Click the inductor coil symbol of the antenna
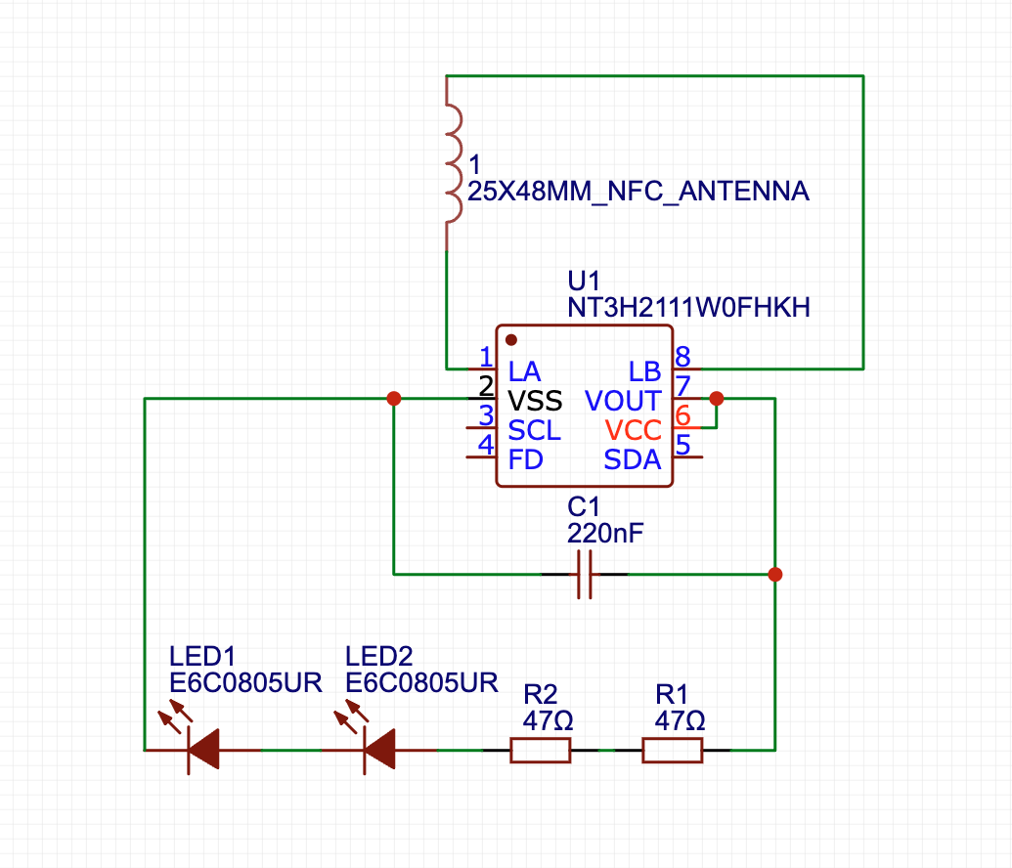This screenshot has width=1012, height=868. (x=454, y=163)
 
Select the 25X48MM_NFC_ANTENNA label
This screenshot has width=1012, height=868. (x=638, y=191)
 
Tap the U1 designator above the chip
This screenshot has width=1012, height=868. (x=584, y=281)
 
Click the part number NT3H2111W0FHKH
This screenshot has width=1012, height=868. (x=688, y=308)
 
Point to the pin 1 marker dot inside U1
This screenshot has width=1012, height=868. (x=511, y=339)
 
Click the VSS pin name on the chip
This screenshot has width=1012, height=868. (x=535, y=402)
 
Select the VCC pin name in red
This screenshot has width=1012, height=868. (x=634, y=430)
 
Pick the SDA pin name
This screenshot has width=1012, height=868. (x=633, y=459)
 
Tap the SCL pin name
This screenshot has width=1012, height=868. (x=535, y=430)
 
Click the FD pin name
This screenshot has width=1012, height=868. (x=525, y=459)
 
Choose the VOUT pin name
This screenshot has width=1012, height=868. (x=623, y=402)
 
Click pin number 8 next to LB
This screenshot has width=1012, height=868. (x=682, y=356)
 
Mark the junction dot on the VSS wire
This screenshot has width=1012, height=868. (x=394, y=399)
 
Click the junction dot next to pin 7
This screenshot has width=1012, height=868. (x=717, y=399)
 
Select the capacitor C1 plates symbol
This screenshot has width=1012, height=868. (x=585, y=575)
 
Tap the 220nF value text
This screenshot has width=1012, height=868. (x=605, y=534)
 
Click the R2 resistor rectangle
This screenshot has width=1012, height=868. (x=540, y=751)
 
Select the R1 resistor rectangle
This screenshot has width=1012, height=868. (x=672, y=751)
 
